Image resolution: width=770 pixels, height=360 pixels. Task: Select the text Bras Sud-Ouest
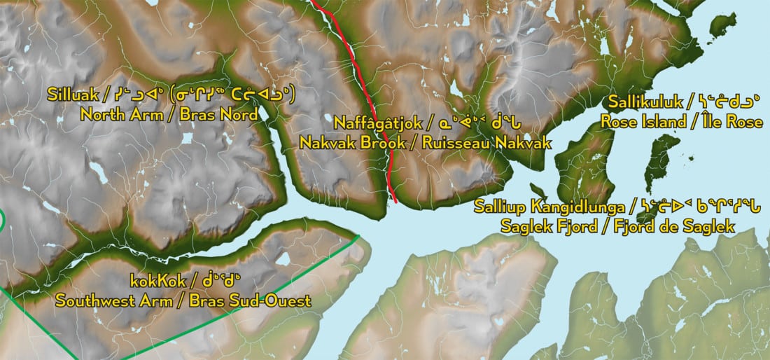point(255,301)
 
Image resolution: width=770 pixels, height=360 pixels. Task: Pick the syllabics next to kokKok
point(208,282)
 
